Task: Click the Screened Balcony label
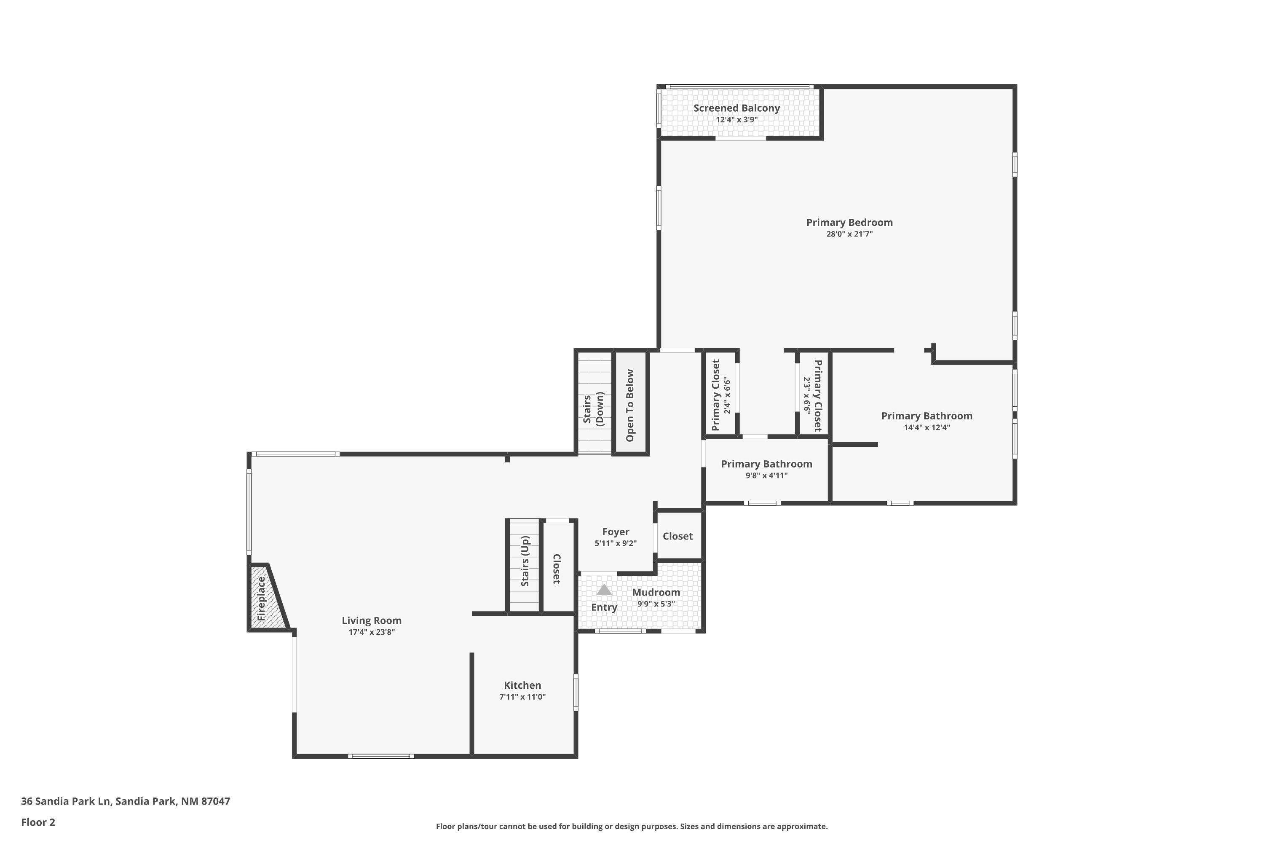click(x=736, y=108)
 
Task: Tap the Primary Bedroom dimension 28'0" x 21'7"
click(x=849, y=234)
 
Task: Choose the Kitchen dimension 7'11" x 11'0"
click(x=522, y=697)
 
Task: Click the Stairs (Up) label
click(x=525, y=561)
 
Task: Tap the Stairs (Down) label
click(x=593, y=409)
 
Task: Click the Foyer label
click(x=615, y=532)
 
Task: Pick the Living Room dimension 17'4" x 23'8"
click(x=371, y=632)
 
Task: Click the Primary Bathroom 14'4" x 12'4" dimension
click(x=927, y=428)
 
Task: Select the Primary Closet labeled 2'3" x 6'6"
click(x=813, y=396)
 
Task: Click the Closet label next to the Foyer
click(x=678, y=536)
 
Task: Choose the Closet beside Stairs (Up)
click(x=557, y=568)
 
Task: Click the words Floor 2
click(x=38, y=822)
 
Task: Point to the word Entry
click(x=604, y=607)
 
